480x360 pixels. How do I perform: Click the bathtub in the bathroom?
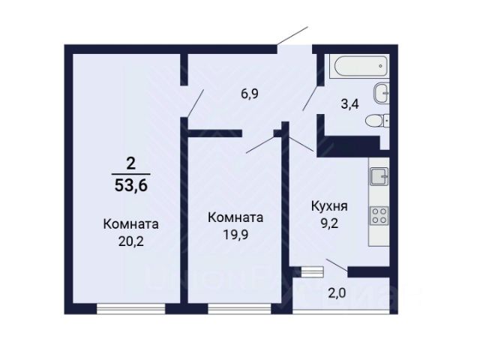pyautogui.click(x=361, y=66)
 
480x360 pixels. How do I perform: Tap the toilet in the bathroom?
pyautogui.click(x=377, y=121)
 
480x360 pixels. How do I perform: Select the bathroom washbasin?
pyautogui.click(x=382, y=93)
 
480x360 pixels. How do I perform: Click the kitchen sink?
pyautogui.click(x=379, y=176)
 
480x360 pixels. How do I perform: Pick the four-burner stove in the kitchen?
pyautogui.click(x=379, y=215)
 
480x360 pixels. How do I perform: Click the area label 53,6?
pyautogui.click(x=131, y=185)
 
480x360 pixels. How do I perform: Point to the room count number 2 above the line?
pyautogui.click(x=130, y=164)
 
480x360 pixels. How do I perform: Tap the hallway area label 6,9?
pyautogui.click(x=250, y=94)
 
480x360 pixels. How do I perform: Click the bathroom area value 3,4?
pyautogui.click(x=350, y=104)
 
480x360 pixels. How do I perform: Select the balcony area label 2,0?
pyautogui.click(x=337, y=293)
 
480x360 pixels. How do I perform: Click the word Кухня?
pyautogui.click(x=329, y=206)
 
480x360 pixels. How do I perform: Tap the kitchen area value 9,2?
pyautogui.click(x=329, y=223)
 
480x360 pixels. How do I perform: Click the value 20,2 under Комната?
pyautogui.click(x=130, y=241)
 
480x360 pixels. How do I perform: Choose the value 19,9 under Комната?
pyautogui.click(x=235, y=235)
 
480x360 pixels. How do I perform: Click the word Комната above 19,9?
pyautogui.click(x=235, y=217)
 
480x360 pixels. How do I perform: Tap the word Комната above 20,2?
pyautogui.click(x=130, y=224)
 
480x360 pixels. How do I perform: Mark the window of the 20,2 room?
pyautogui.click(x=131, y=309)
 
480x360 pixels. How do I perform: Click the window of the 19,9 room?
pyautogui.click(x=239, y=309)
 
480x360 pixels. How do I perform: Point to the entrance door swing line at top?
pyautogui.click(x=292, y=36)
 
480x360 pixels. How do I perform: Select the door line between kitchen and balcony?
pyautogui.click(x=337, y=265)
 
